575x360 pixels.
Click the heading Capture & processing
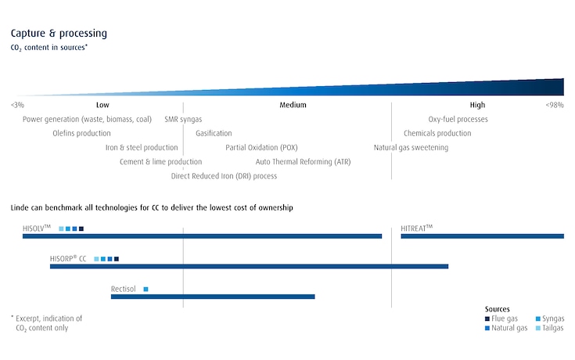click(x=59, y=34)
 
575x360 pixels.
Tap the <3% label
click(x=17, y=105)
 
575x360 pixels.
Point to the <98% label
click(x=555, y=105)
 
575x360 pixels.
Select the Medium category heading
click(x=293, y=105)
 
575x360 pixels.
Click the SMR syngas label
click(x=183, y=120)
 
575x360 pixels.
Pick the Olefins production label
click(x=81, y=134)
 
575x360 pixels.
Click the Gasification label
click(x=214, y=134)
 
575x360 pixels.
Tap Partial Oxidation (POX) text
click(x=261, y=148)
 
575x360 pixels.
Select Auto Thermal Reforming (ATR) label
click(x=304, y=162)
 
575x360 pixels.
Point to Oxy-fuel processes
click(x=458, y=120)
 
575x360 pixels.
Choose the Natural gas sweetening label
click(x=411, y=148)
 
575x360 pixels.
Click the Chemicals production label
click(x=437, y=134)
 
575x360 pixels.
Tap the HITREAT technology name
click(x=416, y=228)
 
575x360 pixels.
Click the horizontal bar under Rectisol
click(x=213, y=297)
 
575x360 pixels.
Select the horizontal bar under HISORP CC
click(x=249, y=267)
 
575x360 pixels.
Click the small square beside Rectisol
click(x=146, y=290)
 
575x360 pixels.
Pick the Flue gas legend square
click(x=487, y=319)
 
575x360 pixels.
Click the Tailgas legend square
click(x=537, y=328)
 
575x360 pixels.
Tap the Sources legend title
click(x=498, y=309)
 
